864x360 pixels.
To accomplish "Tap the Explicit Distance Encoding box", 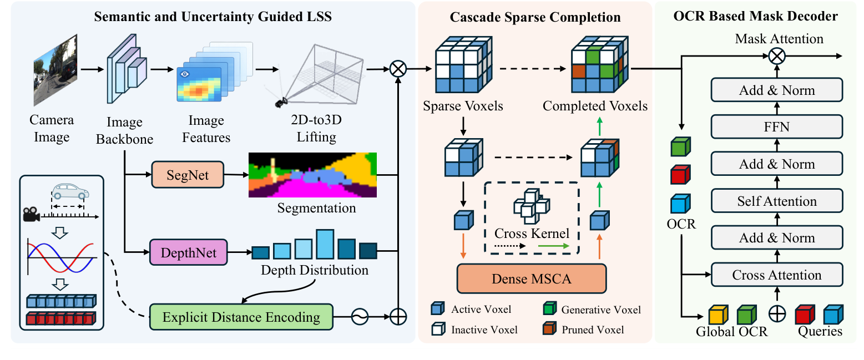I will (x=241, y=317).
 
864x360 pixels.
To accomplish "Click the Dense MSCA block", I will (x=531, y=278).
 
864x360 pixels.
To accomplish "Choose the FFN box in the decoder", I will (x=776, y=127).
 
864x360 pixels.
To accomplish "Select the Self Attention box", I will (x=776, y=201).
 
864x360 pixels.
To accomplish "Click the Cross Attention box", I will (x=776, y=275).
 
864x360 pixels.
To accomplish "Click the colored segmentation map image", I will (x=312, y=175).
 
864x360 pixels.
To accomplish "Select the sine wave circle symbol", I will (x=359, y=317).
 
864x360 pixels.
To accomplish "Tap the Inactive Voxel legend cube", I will (x=438, y=329).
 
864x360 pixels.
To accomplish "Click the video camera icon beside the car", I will (x=32, y=215).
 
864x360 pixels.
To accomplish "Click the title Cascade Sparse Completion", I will (x=535, y=17).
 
